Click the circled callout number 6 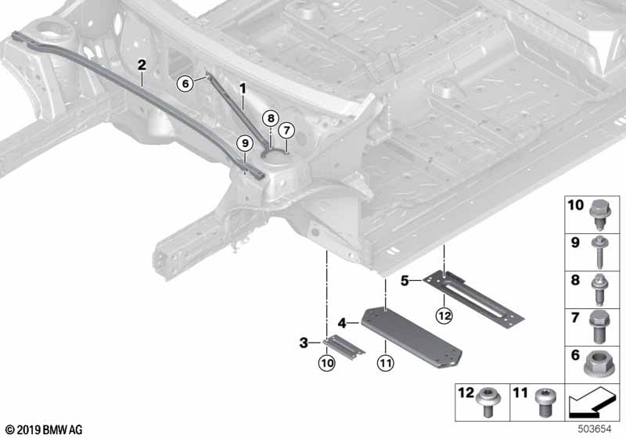185,84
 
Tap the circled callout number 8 271,118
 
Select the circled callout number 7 286,130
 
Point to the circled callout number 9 245,143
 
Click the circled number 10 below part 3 326,363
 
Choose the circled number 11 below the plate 385,363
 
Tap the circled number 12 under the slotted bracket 444,316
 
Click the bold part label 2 142,65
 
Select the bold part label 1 243,88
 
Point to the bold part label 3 304,343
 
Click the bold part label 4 342,323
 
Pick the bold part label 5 405,281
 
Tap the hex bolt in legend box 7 598,327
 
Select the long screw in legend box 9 599,252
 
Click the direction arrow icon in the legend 592,401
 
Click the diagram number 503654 595,429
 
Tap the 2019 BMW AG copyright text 45,430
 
